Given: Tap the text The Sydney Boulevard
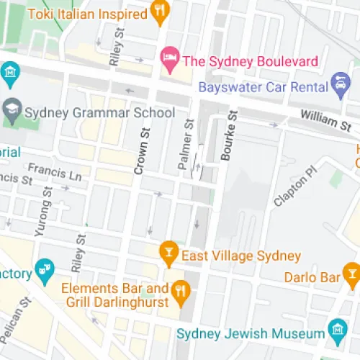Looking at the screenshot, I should (x=250, y=61).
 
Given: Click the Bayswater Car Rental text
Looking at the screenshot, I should (x=263, y=87).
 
